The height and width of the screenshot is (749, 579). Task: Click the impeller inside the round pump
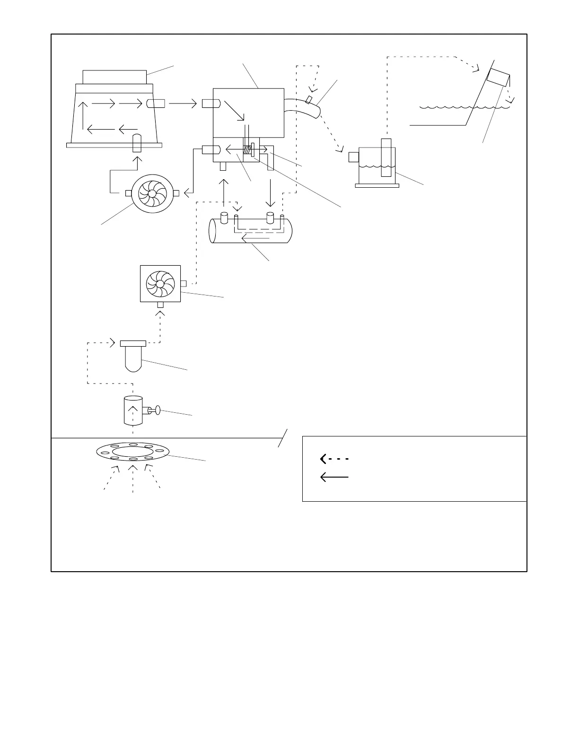click(150, 193)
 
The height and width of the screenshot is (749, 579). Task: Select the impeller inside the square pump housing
click(160, 283)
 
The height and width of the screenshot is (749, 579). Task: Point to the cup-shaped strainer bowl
click(133, 358)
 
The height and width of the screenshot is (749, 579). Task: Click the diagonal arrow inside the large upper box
click(234, 111)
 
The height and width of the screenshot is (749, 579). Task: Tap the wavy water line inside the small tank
click(377, 166)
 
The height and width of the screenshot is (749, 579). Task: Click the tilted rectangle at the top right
click(498, 78)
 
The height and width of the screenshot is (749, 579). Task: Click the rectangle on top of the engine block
click(114, 77)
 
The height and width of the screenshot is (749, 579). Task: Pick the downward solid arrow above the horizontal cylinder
click(270, 193)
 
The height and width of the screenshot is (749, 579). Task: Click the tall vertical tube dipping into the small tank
click(386, 157)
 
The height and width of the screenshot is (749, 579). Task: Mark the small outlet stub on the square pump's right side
click(184, 284)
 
